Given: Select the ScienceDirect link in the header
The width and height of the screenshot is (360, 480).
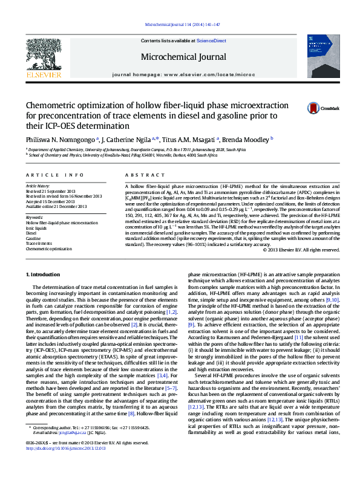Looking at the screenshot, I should point(212,41).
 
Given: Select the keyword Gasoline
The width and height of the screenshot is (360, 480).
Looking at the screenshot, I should point(34,238).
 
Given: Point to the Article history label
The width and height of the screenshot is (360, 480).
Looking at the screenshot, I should point(38,185).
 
